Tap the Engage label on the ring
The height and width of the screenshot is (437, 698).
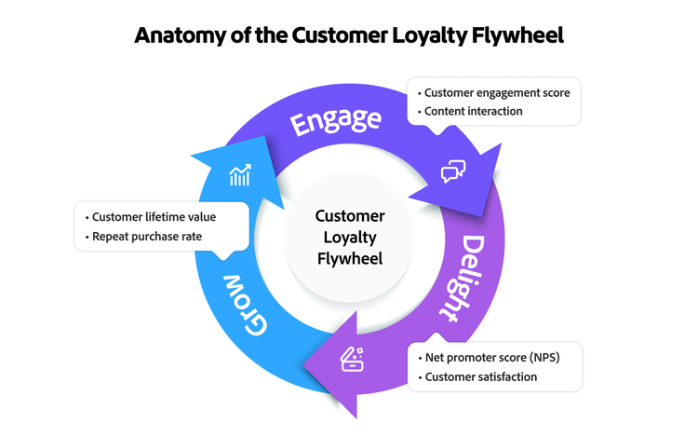[x=336, y=122]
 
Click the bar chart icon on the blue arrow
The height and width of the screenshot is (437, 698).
[x=240, y=175]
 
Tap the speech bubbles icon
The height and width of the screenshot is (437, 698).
[x=453, y=171]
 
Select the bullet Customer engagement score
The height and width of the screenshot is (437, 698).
[x=497, y=93]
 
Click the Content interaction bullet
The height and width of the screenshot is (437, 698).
[x=473, y=112]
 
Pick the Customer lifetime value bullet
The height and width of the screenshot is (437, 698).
[x=154, y=217]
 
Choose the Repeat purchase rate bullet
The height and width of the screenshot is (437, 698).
[x=146, y=237]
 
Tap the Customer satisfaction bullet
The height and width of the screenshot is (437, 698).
[x=480, y=376]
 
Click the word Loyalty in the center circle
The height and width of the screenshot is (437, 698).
[x=349, y=237]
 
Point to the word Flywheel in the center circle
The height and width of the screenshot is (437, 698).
[x=349, y=257]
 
